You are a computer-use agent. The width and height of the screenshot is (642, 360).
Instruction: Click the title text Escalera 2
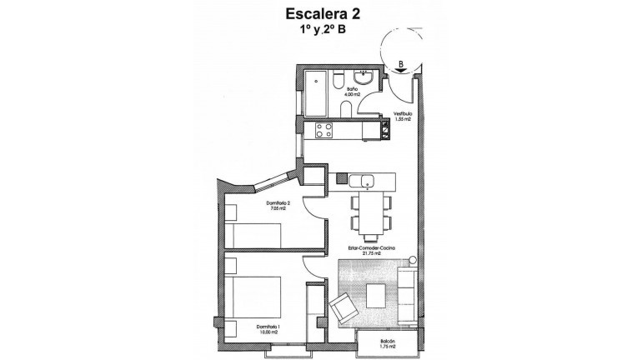point(321,13)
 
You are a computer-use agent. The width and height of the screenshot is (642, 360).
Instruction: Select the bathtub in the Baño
point(315,94)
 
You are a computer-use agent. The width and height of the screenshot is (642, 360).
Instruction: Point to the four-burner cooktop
point(322,130)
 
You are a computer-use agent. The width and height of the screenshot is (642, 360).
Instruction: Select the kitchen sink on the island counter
point(365,180)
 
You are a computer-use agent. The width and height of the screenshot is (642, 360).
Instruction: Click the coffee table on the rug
point(378,293)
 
